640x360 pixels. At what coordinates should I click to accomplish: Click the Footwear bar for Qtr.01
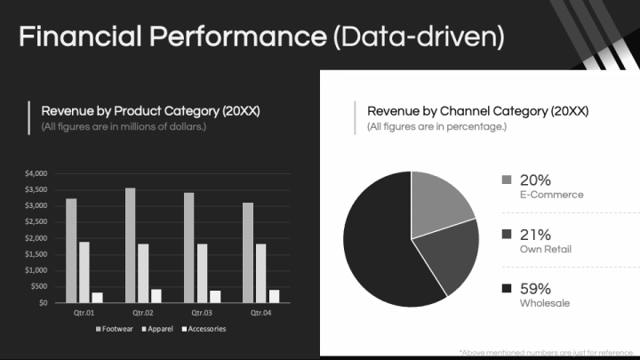pyautogui.click(x=71, y=251)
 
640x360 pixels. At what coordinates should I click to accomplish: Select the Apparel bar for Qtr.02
pyautogui.click(x=143, y=273)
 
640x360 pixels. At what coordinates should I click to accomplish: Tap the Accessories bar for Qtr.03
pyautogui.click(x=215, y=296)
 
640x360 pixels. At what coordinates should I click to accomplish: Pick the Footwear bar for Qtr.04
pyautogui.click(x=248, y=252)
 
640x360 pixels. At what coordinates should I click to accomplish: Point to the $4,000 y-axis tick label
pyautogui.click(x=36, y=172)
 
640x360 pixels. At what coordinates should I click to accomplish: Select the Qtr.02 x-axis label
pyautogui.click(x=144, y=313)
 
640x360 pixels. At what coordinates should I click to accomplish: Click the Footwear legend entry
pyautogui.click(x=116, y=329)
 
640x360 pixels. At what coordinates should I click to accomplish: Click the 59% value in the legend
pyautogui.click(x=535, y=289)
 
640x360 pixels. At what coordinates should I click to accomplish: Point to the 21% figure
pyautogui.click(x=535, y=235)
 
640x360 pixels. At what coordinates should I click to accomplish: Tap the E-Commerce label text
pyautogui.click(x=551, y=195)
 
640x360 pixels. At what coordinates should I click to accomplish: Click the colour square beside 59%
pyautogui.click(x=507, y=289)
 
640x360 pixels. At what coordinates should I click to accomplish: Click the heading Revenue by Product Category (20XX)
pyautogui.click(x=150, y=111)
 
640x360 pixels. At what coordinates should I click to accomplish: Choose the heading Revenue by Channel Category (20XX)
pyautogui.click(x=477, y=111)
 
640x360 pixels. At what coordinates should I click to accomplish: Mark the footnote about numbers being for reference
pyautogui.click(x=548, y=353)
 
